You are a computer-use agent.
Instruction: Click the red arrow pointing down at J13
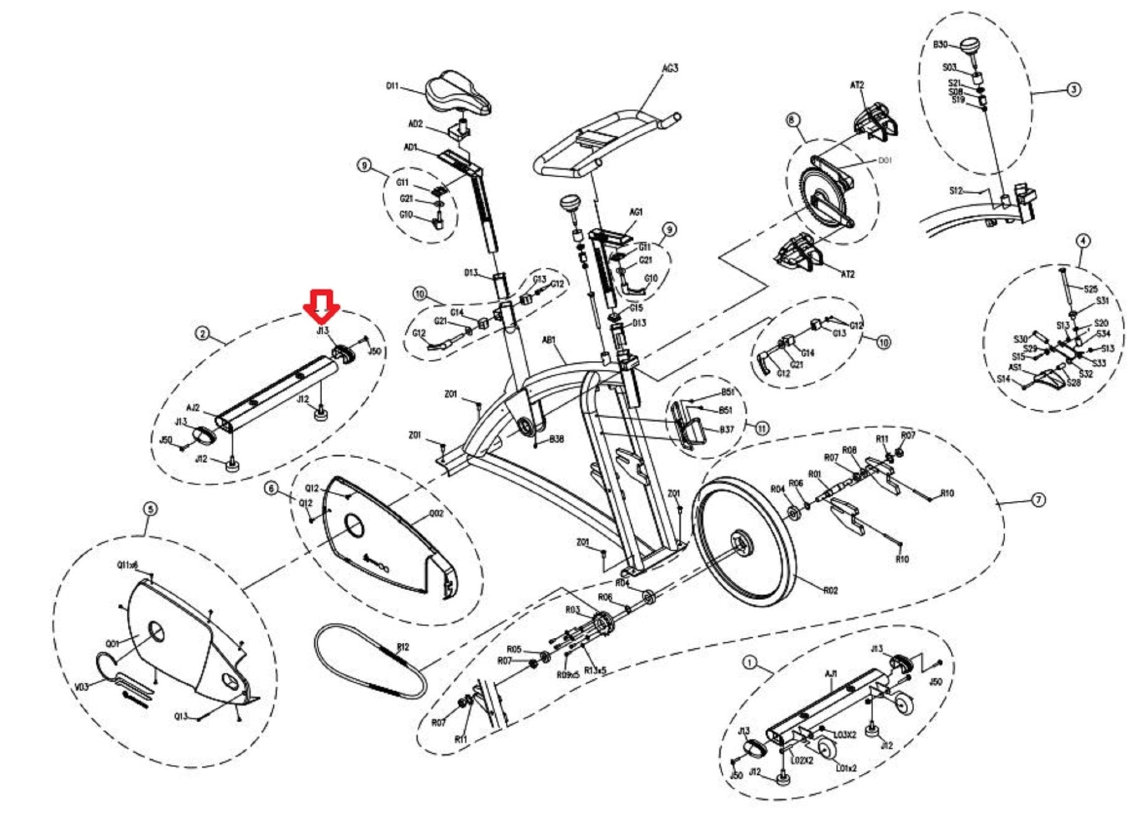(x=322, y=306)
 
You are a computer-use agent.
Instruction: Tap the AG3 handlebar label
(x=670, y=69)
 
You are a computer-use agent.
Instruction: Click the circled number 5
(x=150, y=509)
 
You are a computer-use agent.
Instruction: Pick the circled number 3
(x=1073, y=89)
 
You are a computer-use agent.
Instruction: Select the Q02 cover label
(x=436, y=513)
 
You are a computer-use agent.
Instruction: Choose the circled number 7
(x=1039, y=500)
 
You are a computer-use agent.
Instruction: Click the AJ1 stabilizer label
(x=831, y=674)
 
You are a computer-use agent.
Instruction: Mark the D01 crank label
(x=885, y=160)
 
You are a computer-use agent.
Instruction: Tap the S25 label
(x=1090, y=289)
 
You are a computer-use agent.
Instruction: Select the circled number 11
(x=762, y=428)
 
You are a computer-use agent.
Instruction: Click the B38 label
(x=557, y=439)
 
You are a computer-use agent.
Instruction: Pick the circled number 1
(x=750, y=662)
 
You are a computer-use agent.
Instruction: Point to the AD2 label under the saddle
(x=415, y=124)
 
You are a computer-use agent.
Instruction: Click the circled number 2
(x=203, y=333)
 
